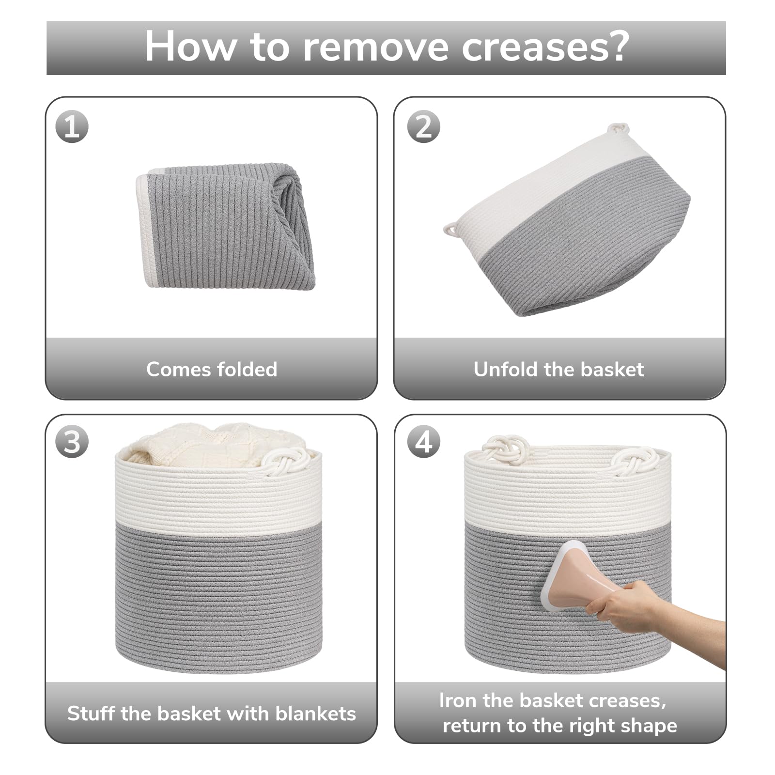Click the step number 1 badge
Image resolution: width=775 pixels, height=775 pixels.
pos(72,127)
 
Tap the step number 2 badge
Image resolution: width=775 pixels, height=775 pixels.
pos(423,127)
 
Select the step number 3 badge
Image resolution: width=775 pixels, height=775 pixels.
pos(72,442)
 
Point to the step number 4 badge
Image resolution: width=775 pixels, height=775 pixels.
pos(423,442)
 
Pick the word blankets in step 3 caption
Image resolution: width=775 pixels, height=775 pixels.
pos(316,713)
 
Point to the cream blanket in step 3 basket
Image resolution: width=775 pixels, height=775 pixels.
pos(213,445)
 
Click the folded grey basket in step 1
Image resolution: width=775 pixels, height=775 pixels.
pos(226,226)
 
